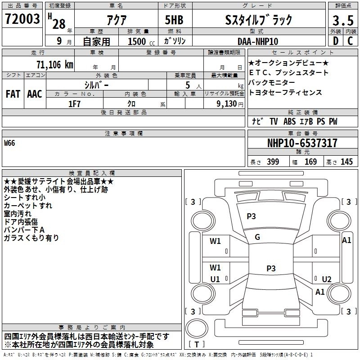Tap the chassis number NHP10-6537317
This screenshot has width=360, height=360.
(x=302, y=143)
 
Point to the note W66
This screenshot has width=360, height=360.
(x=9, y=143)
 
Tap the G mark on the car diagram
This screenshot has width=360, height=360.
(x=257, y=237)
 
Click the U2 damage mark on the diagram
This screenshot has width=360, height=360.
(x=327, y=279)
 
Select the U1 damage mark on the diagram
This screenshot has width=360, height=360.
(x=215, y=279)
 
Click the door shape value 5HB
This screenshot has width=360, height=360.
(x=171, y=19)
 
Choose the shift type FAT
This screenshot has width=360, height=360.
(x=13, y=94)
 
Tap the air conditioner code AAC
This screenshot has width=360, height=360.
(x=35, y=94)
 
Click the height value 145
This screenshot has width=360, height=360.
(x=346, y=162)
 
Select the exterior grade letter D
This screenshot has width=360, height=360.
(x=335, y=41)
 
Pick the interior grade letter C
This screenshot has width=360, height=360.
(x=350, y=41)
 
